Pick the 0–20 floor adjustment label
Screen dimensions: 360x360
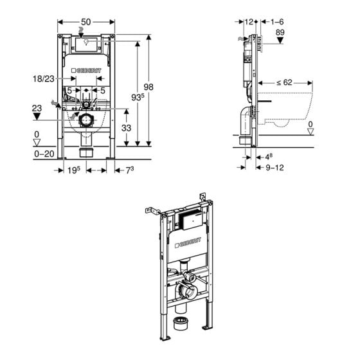(x=43, y=154)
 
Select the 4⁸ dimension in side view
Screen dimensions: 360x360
(x=271, y=156)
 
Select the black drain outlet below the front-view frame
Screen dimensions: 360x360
(x=87, y=152)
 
